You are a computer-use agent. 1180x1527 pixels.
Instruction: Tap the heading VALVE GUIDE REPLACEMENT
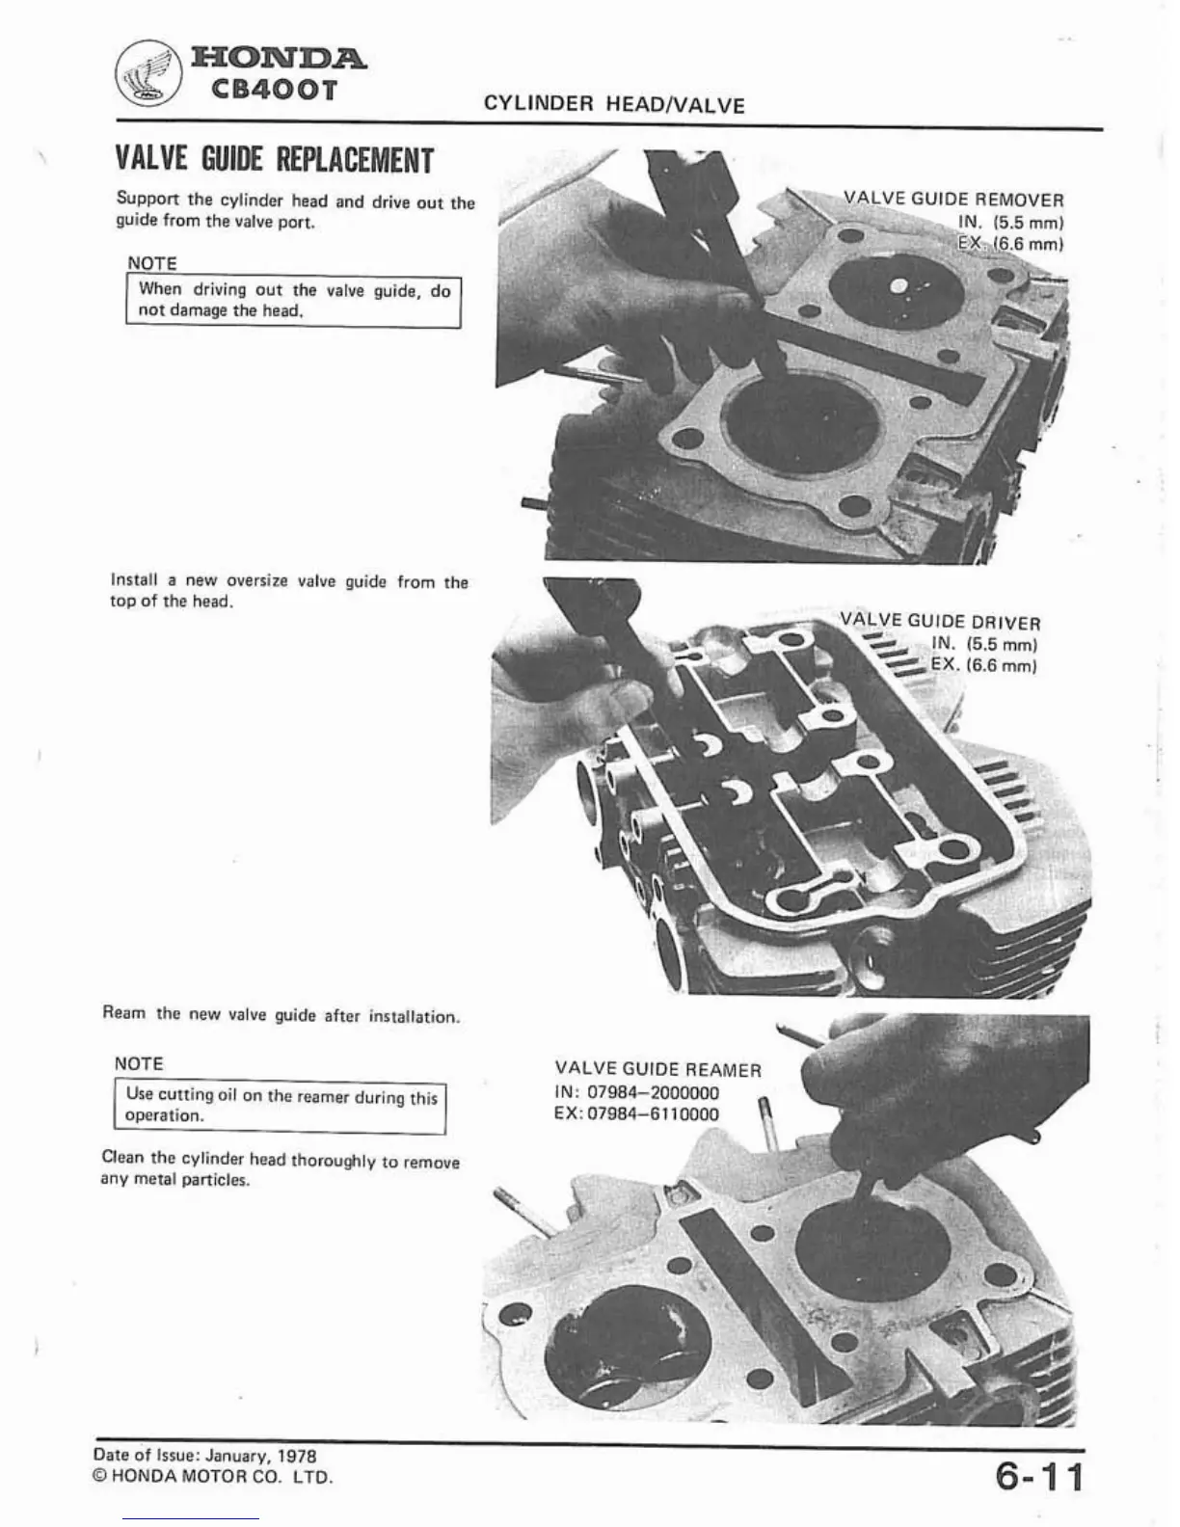[x=274, y=159]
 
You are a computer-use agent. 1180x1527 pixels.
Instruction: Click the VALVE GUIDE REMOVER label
[x=953, y=200]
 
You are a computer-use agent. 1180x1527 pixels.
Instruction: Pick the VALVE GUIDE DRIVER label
[x=940, y=622]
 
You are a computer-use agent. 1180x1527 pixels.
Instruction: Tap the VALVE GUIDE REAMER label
[x=657, y=1069]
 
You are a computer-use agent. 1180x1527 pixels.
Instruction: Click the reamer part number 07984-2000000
[x=653, y=1092]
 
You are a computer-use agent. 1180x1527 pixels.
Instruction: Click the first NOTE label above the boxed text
[x=152, y=263]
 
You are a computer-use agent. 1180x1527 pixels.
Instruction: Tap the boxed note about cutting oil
[x=281, y=1107]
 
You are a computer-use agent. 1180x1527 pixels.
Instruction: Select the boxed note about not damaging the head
[x=293, y=300]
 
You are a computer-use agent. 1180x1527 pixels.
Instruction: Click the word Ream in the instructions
[x=124, y=1013]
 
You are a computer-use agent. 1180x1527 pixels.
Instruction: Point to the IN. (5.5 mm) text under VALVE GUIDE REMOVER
[x=1010, y=222]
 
